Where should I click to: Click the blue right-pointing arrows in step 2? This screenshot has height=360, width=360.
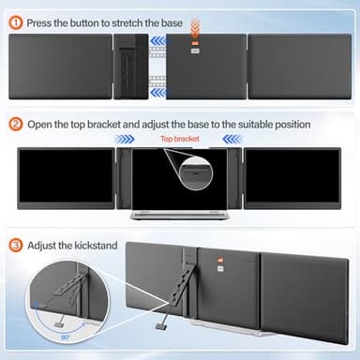(124, 138)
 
